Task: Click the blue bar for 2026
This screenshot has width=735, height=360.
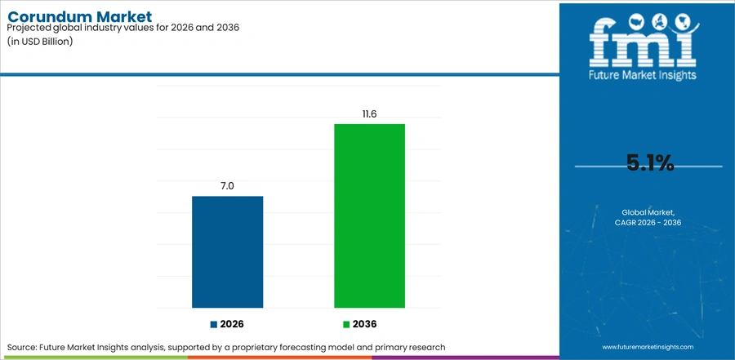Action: (x=227, y=251)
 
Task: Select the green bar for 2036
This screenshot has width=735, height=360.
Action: (x=369, y=216)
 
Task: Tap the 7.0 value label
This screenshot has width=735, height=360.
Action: (x=227, y=185)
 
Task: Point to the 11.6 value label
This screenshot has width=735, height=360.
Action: (x=369, y=113)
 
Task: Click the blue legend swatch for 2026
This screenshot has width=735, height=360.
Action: (x=214, y=324)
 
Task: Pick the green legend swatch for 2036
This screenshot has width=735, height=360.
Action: (x=346, y=324)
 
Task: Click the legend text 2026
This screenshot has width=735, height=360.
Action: (x=232, y=324)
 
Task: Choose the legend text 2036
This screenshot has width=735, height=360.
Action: (x=365, y=324)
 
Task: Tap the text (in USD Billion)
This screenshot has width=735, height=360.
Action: (x=40, y=41)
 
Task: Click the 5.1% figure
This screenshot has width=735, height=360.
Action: (x=650, y=163)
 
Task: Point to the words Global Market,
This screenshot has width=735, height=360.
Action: (x=648, y=212)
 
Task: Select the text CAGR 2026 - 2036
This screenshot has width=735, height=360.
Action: (x=648, y=222)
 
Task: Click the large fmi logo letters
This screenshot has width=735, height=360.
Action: (x=644, y=42)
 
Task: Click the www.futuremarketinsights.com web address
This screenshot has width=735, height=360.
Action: (x=648, y=347)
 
